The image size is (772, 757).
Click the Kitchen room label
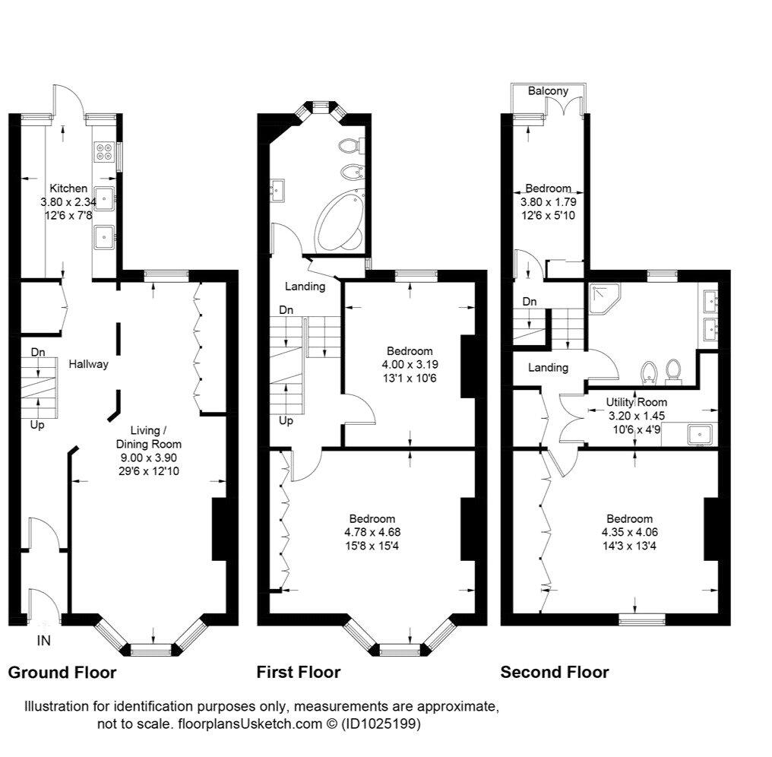pyautogui.click(x=68, y=188)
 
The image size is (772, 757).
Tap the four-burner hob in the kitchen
pyautogui.click(x=103, y=151)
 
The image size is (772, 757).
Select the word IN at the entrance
pyautogui.click(x=44, y=641)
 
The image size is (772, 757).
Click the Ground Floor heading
pyautogui.click(x=62, y=673)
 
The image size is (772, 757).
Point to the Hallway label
pyautogui.click(x=88, y=364)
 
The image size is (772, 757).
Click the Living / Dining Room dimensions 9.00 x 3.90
pyautogui.click(x=149, y=458)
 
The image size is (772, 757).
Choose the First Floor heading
pyautogui.click(x=299, y=673)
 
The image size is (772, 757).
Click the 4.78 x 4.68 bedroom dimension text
pyautogui.click(x=372, y=532)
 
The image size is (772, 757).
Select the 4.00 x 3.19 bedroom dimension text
pyautogui.click(x=410, y=365)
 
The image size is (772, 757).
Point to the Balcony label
pyautogui.click(x=548, y=90)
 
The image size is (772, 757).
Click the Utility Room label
pyautogui.click(x=636, y=402)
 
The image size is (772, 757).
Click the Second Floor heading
pyautogui.click(x=555, y=673)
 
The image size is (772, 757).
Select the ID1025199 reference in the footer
pyautogui.click(x=381, y=724)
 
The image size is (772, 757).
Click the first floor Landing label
pyautogui.click(x=305, y=286)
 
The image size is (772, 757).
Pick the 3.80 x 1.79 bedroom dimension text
pyautogui.click(x=549, y=201)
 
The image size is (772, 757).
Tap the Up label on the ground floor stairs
pyautogui.click(x=37, y=425)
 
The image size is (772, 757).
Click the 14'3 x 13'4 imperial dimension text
pyautogui.click(x=629, y=546)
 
